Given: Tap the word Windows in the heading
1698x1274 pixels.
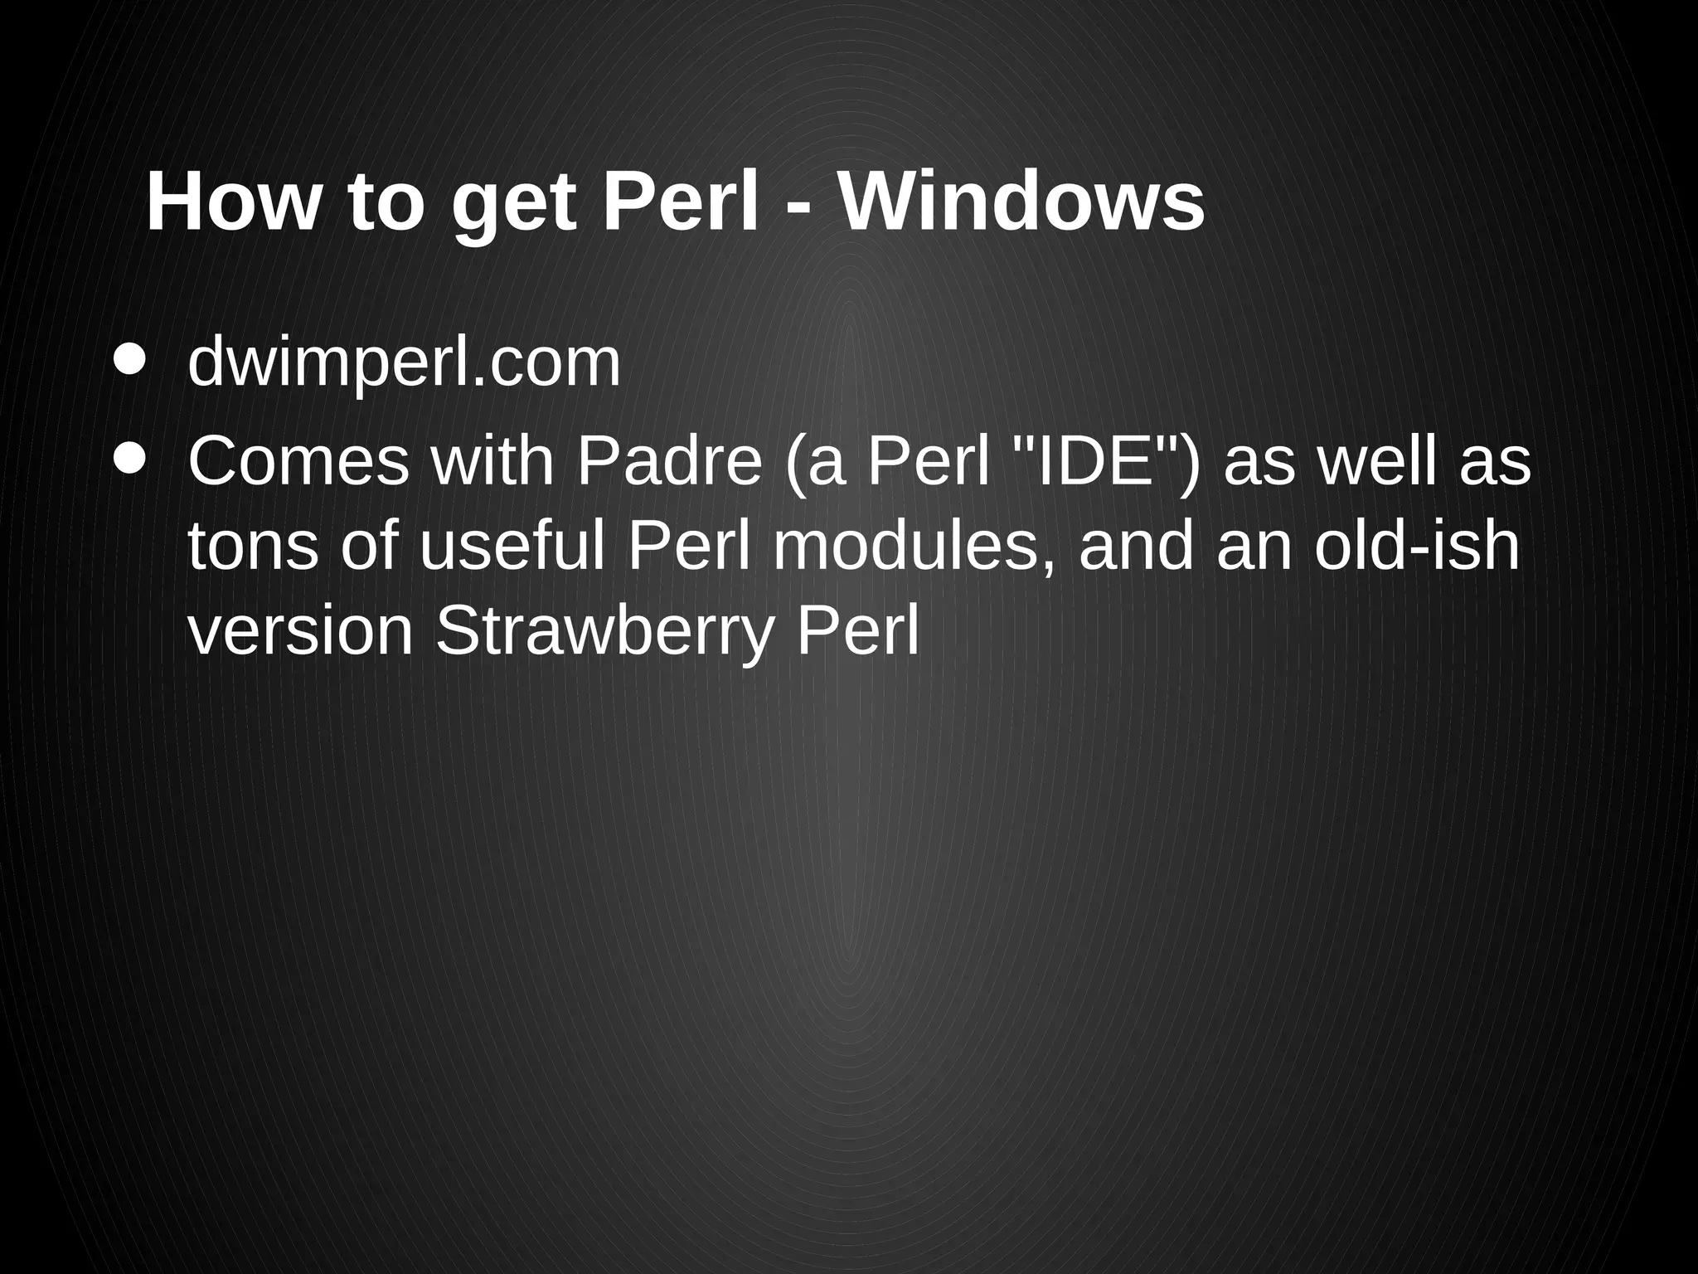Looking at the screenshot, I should pos(1021,202).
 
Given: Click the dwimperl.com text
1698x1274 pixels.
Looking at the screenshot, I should pos(404,362).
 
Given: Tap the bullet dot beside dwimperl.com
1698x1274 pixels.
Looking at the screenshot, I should pos(130,359).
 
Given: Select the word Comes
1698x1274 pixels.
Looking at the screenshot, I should pos(298,461).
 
